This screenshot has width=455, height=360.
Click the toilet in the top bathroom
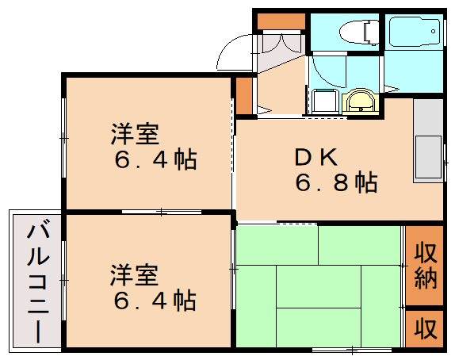click(354, 33)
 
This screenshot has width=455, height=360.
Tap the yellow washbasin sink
click(361, 102)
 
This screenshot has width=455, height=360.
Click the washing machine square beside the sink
click(322, 102)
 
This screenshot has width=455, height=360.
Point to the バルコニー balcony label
click(36, 281)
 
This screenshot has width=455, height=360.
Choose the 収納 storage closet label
click(425, 266)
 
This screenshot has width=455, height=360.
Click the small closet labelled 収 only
click(425, 327)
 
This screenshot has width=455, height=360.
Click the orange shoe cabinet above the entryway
click(277, 21)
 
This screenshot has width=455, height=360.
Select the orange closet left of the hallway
click(244, 95)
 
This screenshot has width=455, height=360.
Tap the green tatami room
click(317, 285)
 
